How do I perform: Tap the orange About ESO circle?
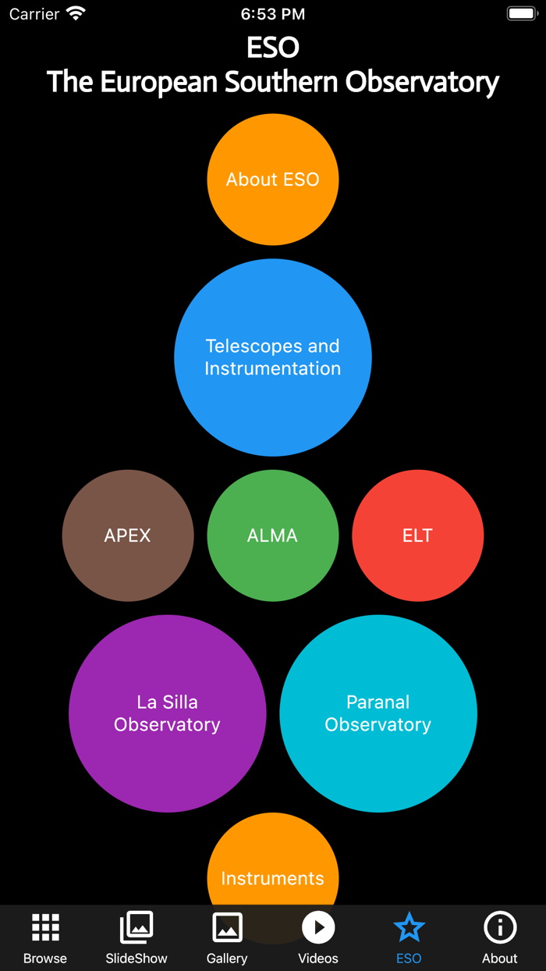(273, 180)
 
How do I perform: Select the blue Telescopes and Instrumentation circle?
(273, 357)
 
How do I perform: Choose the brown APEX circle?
(128, 535)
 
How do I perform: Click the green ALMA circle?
(273, 535)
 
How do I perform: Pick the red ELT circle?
(418, 535)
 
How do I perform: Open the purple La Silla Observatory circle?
(167, 713)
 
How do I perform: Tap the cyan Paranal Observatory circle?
(378, 713)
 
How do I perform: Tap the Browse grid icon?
(45, 927)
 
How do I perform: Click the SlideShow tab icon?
(136, 927)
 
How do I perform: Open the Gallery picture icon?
(227, 927)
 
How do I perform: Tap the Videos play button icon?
(318, 927)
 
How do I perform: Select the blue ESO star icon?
(409, 927)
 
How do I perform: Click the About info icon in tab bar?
(500, 927)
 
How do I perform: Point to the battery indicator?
(522, 14)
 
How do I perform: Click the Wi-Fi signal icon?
(76, 13)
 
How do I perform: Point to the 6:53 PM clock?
(273, 14)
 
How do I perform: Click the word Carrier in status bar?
(34, 14)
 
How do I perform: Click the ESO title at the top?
(273, 48)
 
